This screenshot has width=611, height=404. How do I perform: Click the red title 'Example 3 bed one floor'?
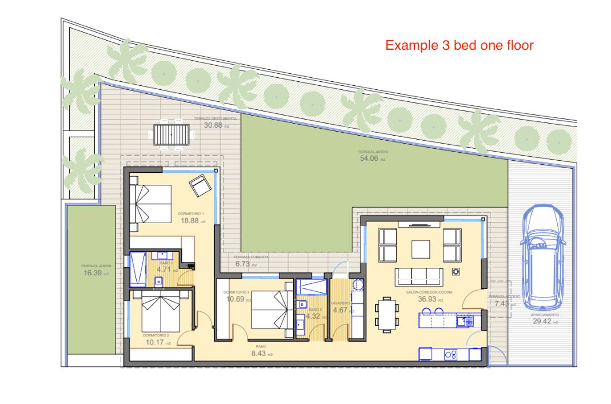click(459, 45)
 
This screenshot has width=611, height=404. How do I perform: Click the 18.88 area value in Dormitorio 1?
click(190, 220)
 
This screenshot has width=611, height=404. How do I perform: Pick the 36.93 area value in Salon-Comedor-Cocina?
click(427, 299)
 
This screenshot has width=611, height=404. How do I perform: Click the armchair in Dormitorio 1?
click(199, 185)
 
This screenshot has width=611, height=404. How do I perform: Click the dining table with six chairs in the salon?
click(387, 314)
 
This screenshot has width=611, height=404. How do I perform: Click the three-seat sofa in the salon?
click(419, 276)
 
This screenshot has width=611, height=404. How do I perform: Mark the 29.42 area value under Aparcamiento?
click(542, 322)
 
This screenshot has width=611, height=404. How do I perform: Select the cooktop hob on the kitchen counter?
click(451, 355)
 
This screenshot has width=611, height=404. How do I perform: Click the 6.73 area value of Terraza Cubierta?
click(243, 264)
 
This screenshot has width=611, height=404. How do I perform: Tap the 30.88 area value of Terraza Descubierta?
click(213, 125)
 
